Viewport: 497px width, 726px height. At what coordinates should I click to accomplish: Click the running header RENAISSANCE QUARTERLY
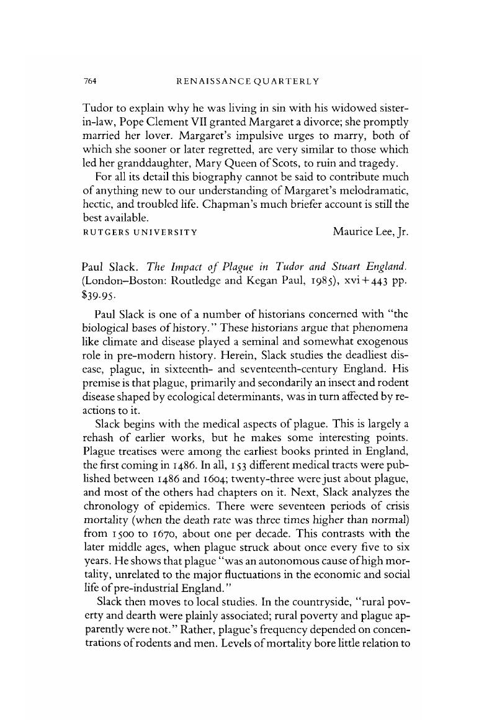tap(248, 80)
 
